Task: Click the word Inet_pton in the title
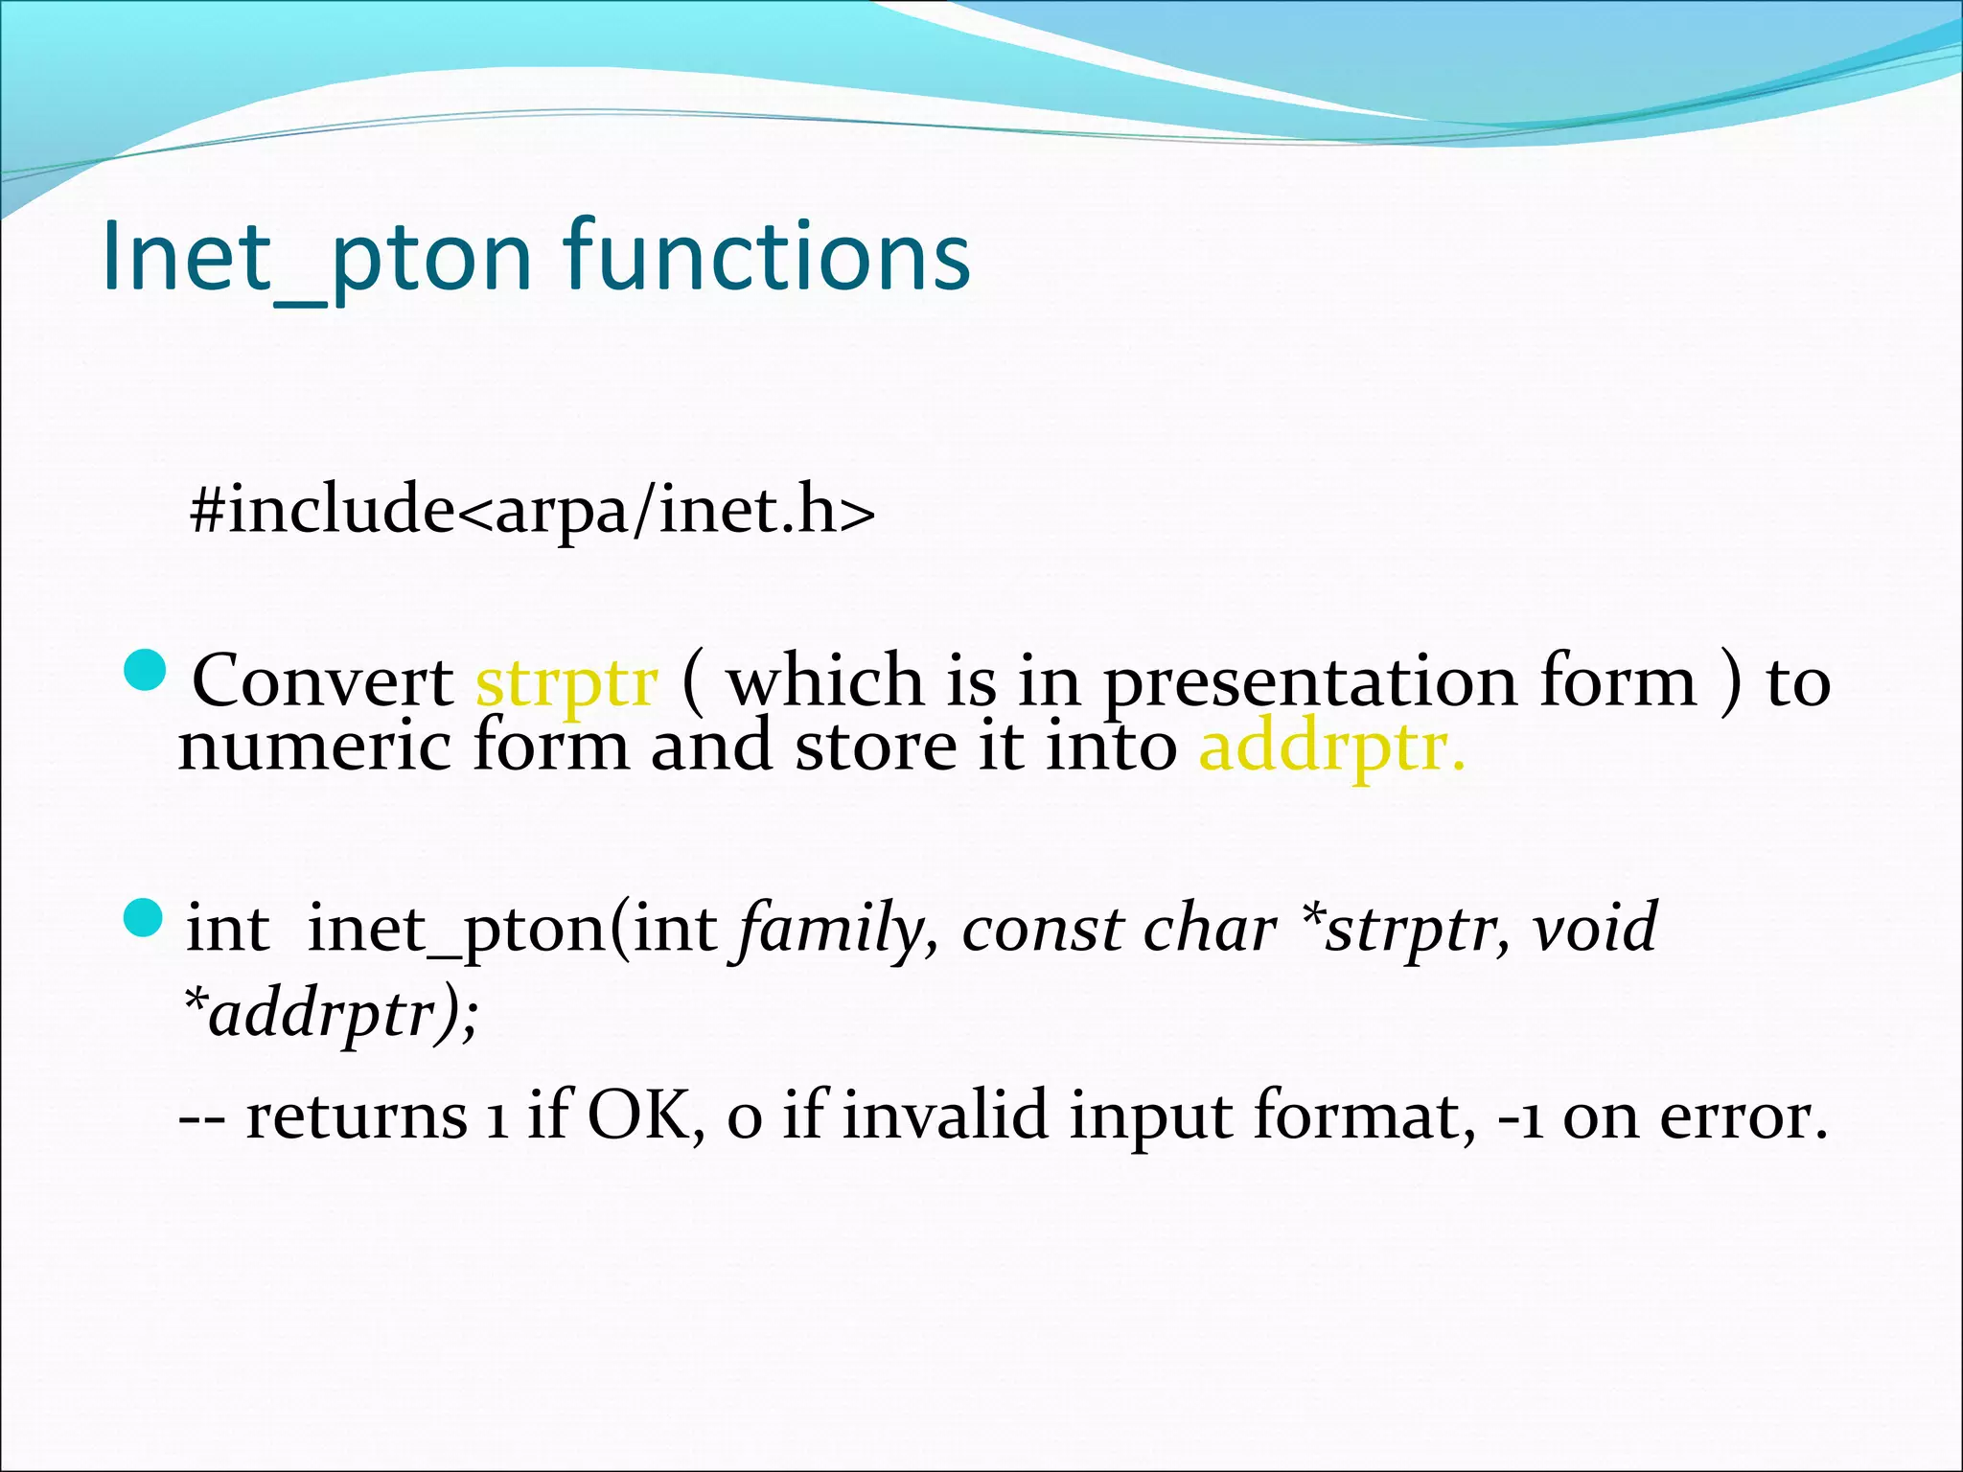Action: point(316,257)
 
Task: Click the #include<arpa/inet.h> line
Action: point(532,510)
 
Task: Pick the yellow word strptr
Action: point(566,683)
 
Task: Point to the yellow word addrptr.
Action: point(1330,748)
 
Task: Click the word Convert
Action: point(323,681)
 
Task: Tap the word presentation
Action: point(1309,683)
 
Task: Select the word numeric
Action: point(314,747)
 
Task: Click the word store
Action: point(875,747)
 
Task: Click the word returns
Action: point(356,1116)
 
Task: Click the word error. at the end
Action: point(1744,1116)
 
